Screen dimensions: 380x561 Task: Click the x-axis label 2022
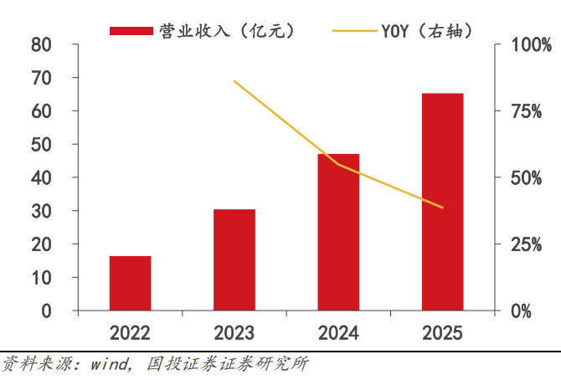tap(130, 333)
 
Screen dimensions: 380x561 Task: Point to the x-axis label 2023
tap(234, 333)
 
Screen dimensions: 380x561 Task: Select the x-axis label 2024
tap(338, 333)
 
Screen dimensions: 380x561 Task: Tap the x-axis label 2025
tap(442, 333)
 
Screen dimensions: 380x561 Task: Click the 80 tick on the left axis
tap(41, 44)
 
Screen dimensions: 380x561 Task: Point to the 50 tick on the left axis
tap(41, 144)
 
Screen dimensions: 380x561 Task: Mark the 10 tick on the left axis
tap(41, 277)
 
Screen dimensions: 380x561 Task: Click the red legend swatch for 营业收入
tap(131, 31)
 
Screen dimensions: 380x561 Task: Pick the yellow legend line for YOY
tap(354, 31)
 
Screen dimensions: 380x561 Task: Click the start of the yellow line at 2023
tap(234, 81)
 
